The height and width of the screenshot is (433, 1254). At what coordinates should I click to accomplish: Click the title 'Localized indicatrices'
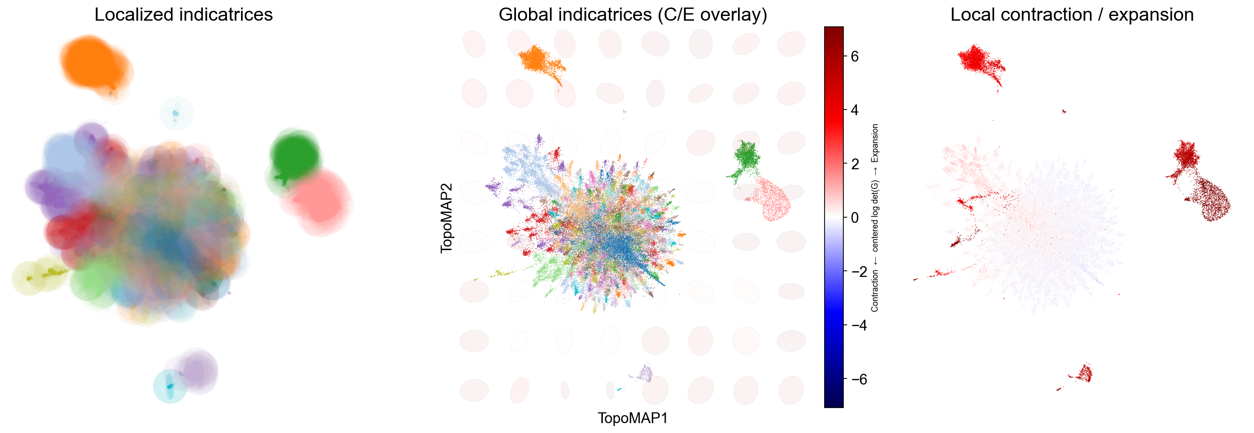pos(184,15)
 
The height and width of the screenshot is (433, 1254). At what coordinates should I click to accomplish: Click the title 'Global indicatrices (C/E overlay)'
pos(633,15)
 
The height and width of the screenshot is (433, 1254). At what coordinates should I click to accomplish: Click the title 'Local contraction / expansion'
pos(1072,15)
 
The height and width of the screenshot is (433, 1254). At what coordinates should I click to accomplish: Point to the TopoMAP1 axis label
pos(633,418)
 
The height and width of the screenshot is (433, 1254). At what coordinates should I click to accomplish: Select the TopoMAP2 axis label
pos(446,218)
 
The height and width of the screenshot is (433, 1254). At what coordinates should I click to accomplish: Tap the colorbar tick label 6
pos(855,56)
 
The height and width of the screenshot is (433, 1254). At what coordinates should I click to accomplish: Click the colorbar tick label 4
pos(855,110)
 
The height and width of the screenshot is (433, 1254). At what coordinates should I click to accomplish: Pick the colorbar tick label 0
pos(855,217)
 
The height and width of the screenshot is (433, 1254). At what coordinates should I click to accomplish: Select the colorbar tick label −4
pos(859,325)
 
